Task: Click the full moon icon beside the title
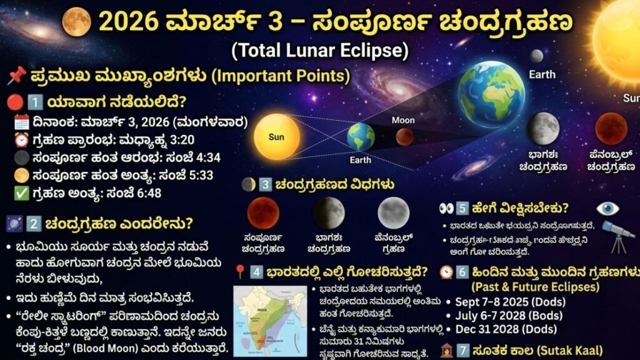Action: tap(76, 21)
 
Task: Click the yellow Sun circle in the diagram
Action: tap(276, 136)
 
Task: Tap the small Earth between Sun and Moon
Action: tap(361, 137)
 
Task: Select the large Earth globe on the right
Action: tap(491, 94)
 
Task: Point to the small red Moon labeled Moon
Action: tap(404, 136)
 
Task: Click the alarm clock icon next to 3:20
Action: tap(21, 140)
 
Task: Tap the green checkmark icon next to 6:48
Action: tap(21, 192)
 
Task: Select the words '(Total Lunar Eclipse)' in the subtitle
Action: tap(319, 49)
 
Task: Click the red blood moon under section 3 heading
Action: tap(263, 212)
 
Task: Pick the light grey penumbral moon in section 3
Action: tap(393, 212)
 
